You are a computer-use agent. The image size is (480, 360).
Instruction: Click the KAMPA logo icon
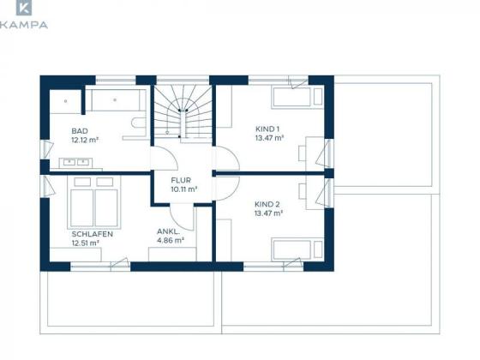pos(24,8)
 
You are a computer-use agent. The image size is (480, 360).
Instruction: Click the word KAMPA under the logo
pos(24,25)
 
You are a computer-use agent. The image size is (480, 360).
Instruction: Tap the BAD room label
pos(80,131)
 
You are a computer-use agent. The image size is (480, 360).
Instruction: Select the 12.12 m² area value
pos(85,140)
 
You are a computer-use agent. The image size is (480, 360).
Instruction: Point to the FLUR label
pos(181,180)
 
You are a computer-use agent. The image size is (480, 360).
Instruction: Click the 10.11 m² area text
pos(183,189)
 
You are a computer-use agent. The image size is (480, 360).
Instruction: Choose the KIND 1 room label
pos(267,129)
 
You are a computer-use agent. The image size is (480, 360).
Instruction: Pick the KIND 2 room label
pos(267,204)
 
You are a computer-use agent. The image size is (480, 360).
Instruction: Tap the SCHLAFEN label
pos(93,234)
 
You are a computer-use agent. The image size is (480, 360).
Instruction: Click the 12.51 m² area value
pos(85,243)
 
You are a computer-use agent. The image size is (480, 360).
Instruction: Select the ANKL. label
pos(168,231)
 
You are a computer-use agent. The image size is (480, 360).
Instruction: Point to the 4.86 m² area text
pos(171,240)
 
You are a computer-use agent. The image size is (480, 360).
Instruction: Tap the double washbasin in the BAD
pos(76,163)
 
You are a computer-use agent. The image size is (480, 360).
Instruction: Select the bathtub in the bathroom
pos(116,99)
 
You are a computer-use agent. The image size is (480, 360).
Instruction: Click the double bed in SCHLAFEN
pos(94,202)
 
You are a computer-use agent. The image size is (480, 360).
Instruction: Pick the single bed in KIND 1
pos(297,98)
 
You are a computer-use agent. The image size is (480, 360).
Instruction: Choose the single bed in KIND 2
pos(297,249)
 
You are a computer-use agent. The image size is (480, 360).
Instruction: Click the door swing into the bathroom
pos(165,158)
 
